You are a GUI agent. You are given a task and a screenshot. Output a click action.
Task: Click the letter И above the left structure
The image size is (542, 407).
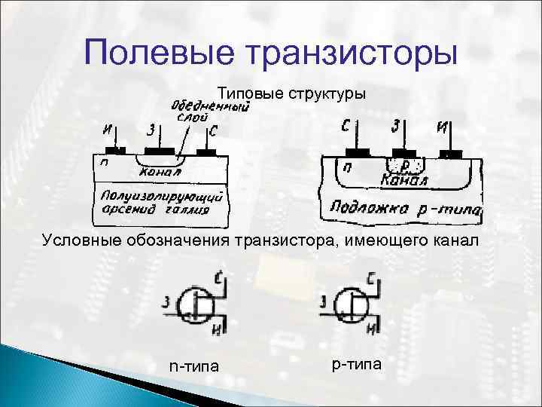point(110,130)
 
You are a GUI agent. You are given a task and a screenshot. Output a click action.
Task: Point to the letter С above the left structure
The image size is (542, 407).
point(214,132)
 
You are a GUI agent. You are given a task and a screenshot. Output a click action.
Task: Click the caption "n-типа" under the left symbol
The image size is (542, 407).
point(194,366)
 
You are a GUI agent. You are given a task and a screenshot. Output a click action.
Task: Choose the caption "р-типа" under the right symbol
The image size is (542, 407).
point(357,364)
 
